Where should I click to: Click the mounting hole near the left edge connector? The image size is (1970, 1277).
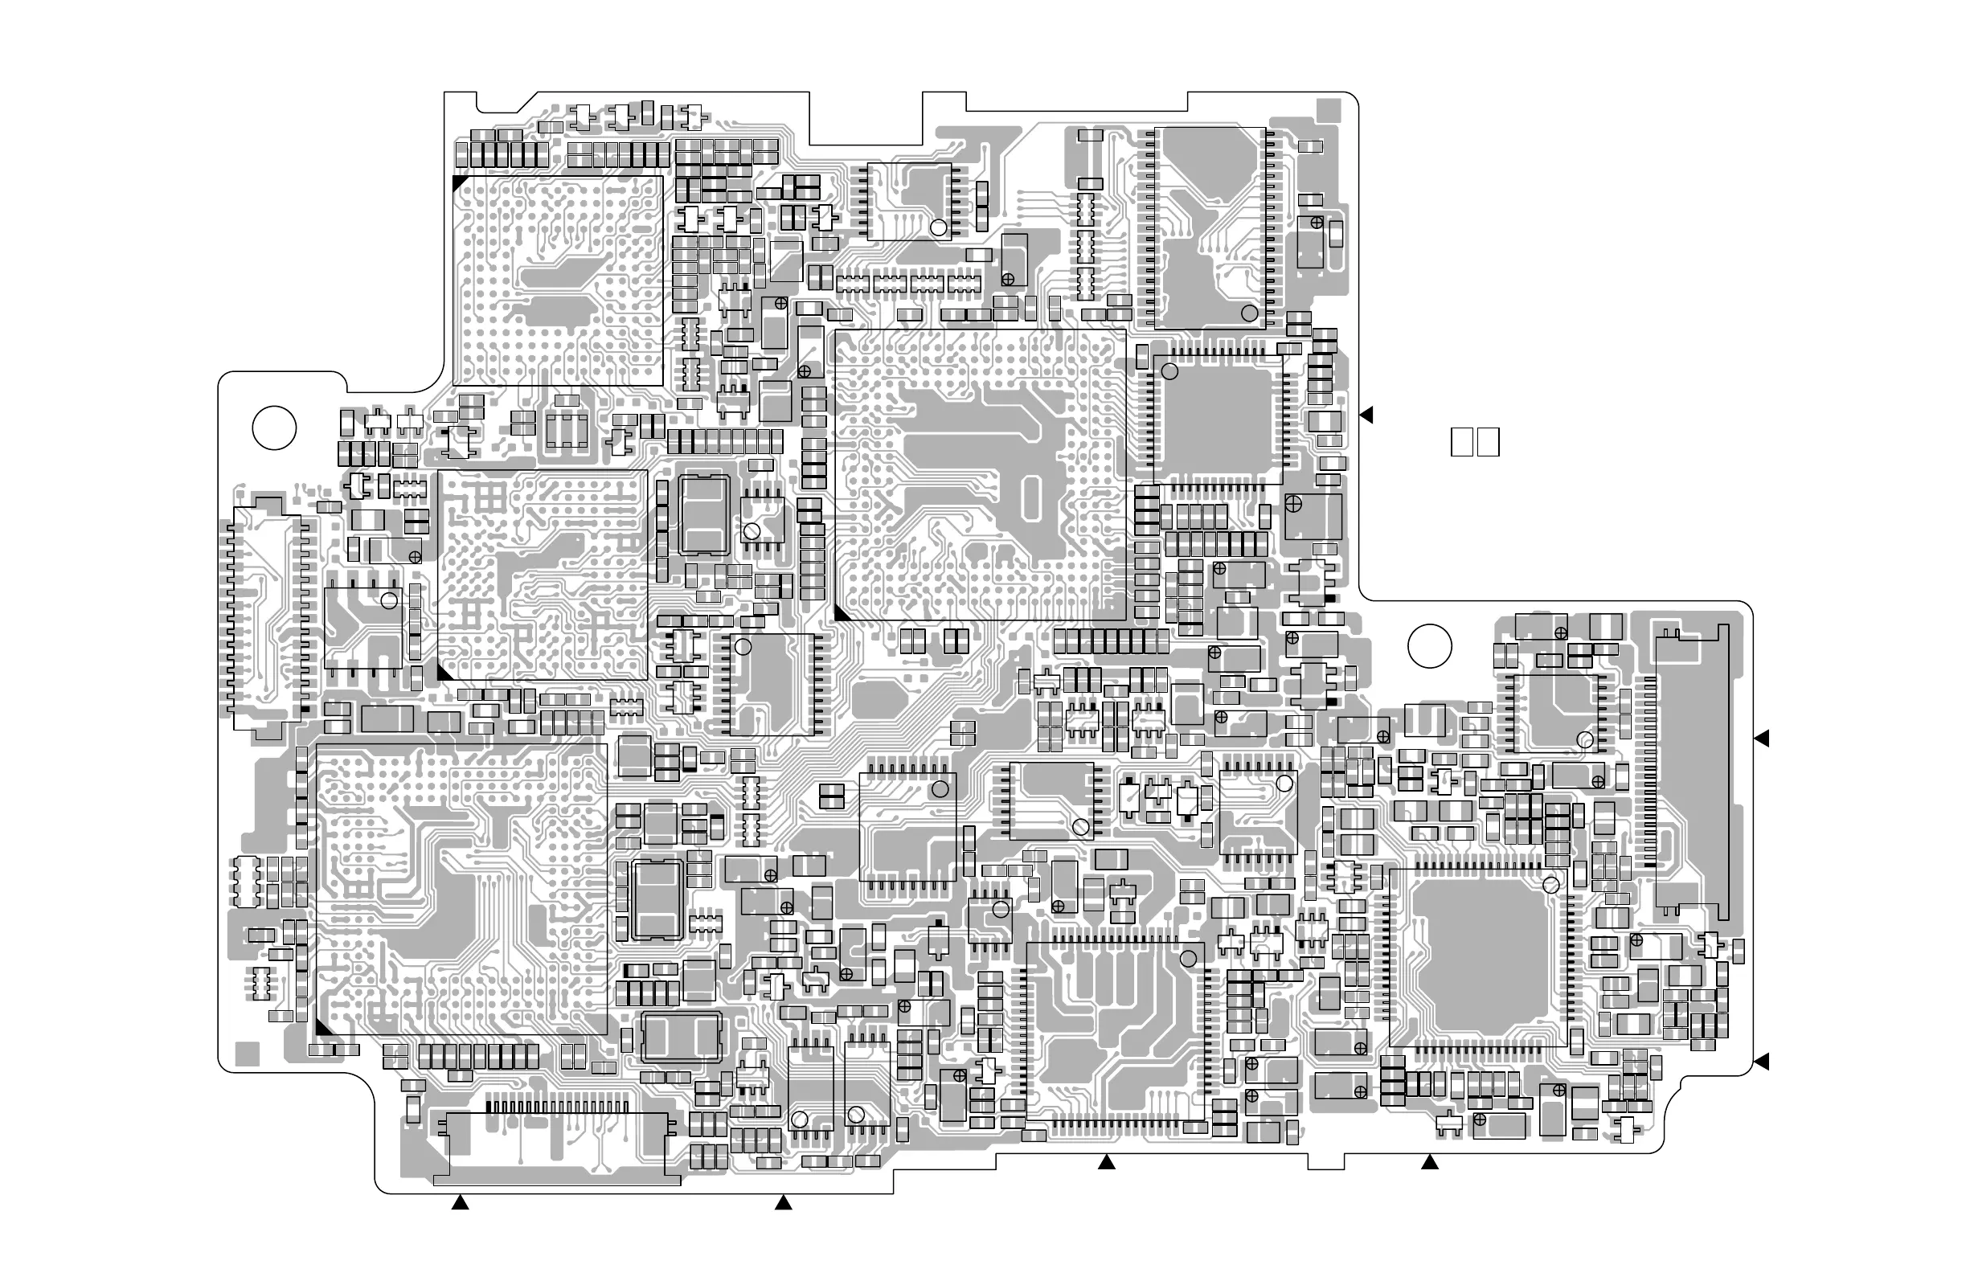(x=274, y=428)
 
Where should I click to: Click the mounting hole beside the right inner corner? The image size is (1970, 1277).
(x=1430, y=645)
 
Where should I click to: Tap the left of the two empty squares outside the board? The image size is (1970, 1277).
(x=1462, y=442)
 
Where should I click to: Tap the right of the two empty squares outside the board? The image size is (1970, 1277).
(x=1489, y=442)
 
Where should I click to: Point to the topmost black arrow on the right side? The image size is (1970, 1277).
(x=1366, y=415)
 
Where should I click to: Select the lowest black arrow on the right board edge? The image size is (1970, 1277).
(x=1761, y=1061)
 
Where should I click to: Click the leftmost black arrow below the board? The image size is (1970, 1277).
(x=461, y=1202)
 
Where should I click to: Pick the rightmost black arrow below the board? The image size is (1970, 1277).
(x=1430, y=1163)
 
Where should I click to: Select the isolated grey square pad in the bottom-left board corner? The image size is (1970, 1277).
(x=248, y=1054)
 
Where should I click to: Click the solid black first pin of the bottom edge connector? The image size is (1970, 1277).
(x=489, y=1107)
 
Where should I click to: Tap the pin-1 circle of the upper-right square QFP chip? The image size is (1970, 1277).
(x=1169, y=371)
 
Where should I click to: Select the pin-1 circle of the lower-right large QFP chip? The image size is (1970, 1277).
(x=1551, y=886)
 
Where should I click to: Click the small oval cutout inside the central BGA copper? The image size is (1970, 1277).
(x=1030, y=498)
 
